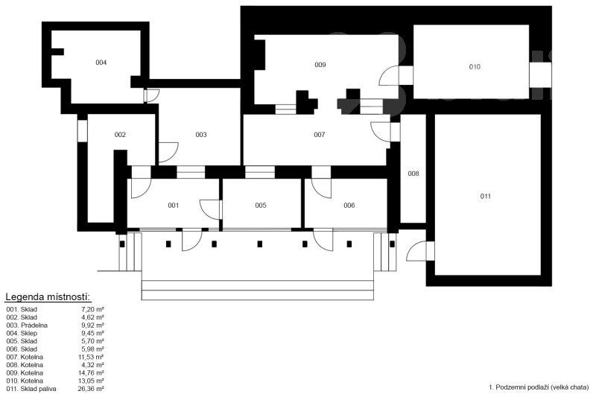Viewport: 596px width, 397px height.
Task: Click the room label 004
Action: pyautogui.click(x=101, y=63)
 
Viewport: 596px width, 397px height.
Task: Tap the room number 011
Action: pyautogui.click(x=486, y=197)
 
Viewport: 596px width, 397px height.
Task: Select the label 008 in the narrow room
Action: pyautogui.click(x=413, y=174)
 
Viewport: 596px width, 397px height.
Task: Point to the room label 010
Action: pyautogui.click(x=475, y=67)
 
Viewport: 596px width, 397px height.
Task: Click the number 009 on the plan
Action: pyautogui.click(x=320, y=65)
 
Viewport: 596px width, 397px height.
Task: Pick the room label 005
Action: pyautogui.click(x=260, y=206)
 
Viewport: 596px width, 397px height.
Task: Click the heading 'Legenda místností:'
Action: pyautogui.click(x=48, y=296)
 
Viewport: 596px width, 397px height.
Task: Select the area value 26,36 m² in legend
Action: pyautogui.click(x=91, y=389)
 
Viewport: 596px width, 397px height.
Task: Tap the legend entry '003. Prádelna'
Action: pyautogui.click(x=27, y=325)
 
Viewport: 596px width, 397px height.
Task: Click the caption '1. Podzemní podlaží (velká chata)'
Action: pyautogui.click(x=539, y=387)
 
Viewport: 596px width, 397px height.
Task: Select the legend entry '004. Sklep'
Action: pyautogui.click(x=22, y=333)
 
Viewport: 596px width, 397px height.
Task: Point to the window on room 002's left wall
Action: pyautogui.click(x=83, y=131)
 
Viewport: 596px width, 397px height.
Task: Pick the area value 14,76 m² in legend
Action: pyautogui.click(x=91, y=372)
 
